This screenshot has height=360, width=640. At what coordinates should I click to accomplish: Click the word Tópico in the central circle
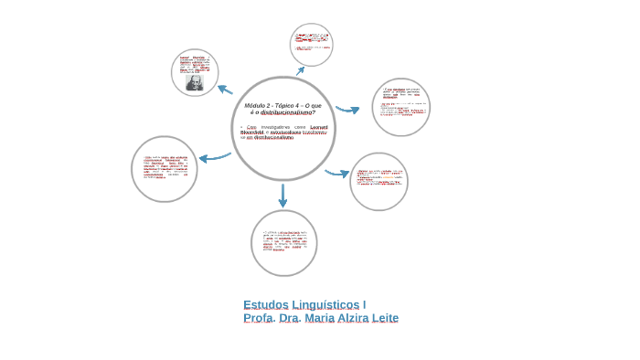pyautogui.click(x=285, y=106)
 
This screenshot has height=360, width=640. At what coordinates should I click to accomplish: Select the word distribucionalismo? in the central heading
pyautogui.click(x=288, y=112)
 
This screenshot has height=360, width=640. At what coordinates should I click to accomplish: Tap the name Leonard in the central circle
pyautogui.click(x=319, y=126)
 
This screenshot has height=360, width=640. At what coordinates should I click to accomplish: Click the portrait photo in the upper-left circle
pyautogui.click(x=195, y=82)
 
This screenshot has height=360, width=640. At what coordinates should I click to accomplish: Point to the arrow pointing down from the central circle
pyautogui.click(x=283, y=195)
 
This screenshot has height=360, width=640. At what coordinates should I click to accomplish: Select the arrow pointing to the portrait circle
pyautogui.click(x=224, y=89)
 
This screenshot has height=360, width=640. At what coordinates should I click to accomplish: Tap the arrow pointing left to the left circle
pyautogui.click(x=215, y=157)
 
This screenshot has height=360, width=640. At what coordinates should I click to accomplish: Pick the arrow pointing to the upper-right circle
pyautogui.click(x=347, y=110)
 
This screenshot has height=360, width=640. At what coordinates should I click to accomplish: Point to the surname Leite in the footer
pyautogui.click(x=386, y=318)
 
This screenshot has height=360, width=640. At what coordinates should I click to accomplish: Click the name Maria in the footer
pyautogui.click(x=315, y=318)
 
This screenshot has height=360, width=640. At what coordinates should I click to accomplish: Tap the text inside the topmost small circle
pyautogui.click(x=311, y=44)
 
